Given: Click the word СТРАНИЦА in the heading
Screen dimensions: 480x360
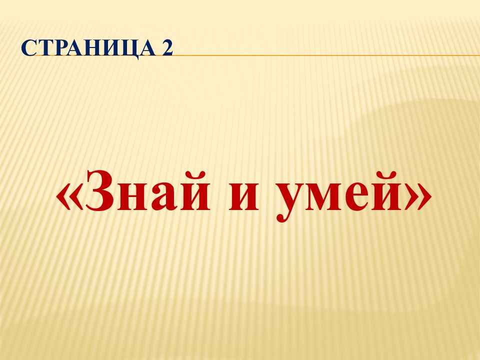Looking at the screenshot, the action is (x=88, y=48).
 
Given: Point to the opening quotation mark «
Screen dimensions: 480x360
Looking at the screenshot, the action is (x=69, y=196).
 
